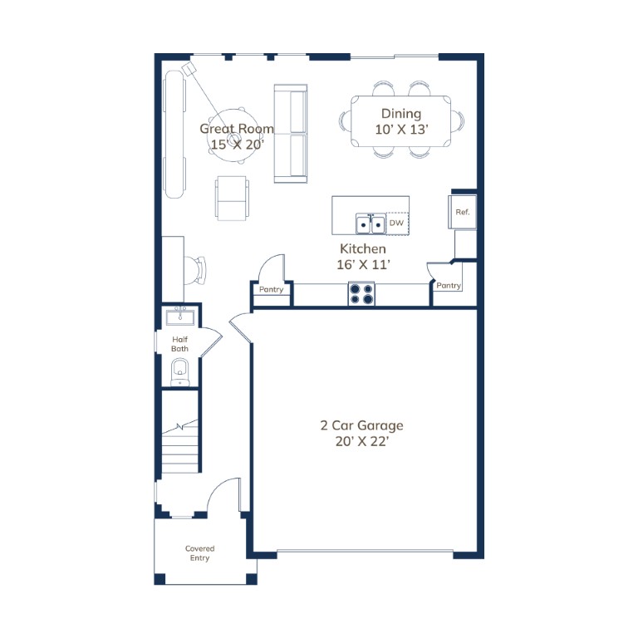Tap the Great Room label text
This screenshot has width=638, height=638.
point(237,129)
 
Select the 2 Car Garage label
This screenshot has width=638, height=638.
point(361,425)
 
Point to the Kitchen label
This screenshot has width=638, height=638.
point(363,248)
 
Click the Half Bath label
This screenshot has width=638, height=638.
point(179,344)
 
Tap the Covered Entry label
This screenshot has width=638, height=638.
point(199,553)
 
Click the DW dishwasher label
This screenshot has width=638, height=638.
point(396,223)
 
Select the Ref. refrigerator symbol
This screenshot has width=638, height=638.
point(463,212)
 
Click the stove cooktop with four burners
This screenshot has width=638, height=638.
point(361,293)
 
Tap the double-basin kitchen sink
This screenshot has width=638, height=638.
point(371,223)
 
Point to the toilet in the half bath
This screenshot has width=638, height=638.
point(179,371)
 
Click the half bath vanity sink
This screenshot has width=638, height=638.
point(180,317)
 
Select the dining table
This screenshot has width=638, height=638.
point(400,120)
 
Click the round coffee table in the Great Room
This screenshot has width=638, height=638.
point(233,135)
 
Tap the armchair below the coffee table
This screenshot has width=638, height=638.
point(232,199)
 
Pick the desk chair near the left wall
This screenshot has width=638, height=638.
point(195,271)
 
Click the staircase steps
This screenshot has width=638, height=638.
point(179,446)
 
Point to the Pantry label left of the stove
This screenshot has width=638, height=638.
point(272,289)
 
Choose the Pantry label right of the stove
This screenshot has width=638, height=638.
point(449,286)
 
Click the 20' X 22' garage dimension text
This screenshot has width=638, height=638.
point(362,441)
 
